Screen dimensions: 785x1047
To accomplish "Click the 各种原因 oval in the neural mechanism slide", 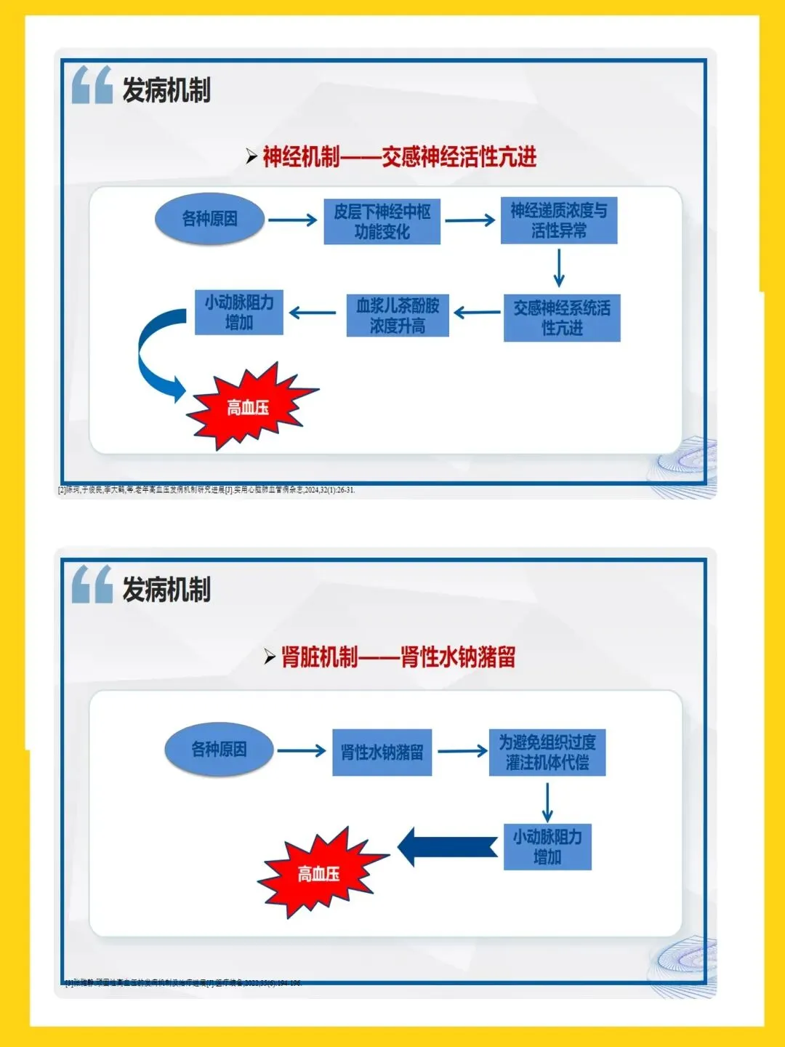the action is [209, 219].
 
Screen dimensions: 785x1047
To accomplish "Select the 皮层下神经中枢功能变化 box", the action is [382, 222].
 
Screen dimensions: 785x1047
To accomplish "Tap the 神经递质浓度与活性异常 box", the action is [558, 220].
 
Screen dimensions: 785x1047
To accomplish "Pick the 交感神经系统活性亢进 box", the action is [562, 318].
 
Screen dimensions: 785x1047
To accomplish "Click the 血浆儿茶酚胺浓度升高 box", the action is [398, 316].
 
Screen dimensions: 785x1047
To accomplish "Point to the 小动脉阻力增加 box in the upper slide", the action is [239, 312].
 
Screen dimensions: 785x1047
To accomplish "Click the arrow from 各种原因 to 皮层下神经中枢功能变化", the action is [292, 220].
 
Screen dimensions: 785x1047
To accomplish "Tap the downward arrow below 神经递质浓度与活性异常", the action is [559, 268].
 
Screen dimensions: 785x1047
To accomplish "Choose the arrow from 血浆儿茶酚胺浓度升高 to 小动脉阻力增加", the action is [313, 313].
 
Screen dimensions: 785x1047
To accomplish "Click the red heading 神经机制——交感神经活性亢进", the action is [399, 156].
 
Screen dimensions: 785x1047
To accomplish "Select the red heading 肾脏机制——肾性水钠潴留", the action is [398, 657].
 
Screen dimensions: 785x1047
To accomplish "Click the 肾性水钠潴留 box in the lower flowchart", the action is [382, 753].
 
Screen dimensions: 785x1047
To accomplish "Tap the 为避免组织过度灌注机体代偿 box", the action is [547, 753].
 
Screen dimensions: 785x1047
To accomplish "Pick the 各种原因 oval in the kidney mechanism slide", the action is [219, 750].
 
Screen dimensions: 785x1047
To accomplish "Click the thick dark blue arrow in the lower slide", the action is [448, 847].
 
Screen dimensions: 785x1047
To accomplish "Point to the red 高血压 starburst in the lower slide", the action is [319, 873].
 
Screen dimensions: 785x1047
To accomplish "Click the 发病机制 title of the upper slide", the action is [166, 90].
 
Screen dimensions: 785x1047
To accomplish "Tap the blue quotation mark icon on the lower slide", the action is [92, 585].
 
